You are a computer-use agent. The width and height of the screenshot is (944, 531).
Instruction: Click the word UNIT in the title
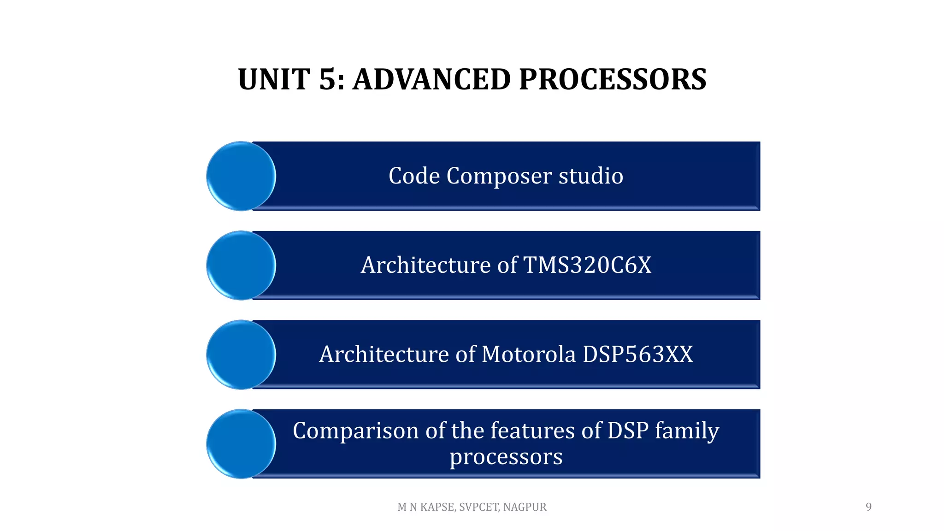click(274, 79)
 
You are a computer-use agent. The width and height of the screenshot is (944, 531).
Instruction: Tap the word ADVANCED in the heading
click(431, 79)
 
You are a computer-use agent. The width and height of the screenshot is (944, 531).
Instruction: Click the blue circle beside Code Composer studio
click(241, 176)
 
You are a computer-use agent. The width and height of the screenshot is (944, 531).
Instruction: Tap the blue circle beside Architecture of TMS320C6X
click(241, 265)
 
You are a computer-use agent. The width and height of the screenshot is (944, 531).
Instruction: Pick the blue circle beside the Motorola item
click(241, 354)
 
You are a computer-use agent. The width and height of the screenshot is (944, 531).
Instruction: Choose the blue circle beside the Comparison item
click(241, 444)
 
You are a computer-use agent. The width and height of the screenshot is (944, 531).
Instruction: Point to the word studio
click(591, 176)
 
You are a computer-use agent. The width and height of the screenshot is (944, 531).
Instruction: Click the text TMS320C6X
click(587, 265)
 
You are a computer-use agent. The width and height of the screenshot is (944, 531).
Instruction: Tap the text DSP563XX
click(637, 354)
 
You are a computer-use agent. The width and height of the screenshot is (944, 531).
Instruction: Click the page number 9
click(868, 507)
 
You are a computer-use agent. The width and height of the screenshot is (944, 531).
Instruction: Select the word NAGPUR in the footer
click(525, 507)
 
